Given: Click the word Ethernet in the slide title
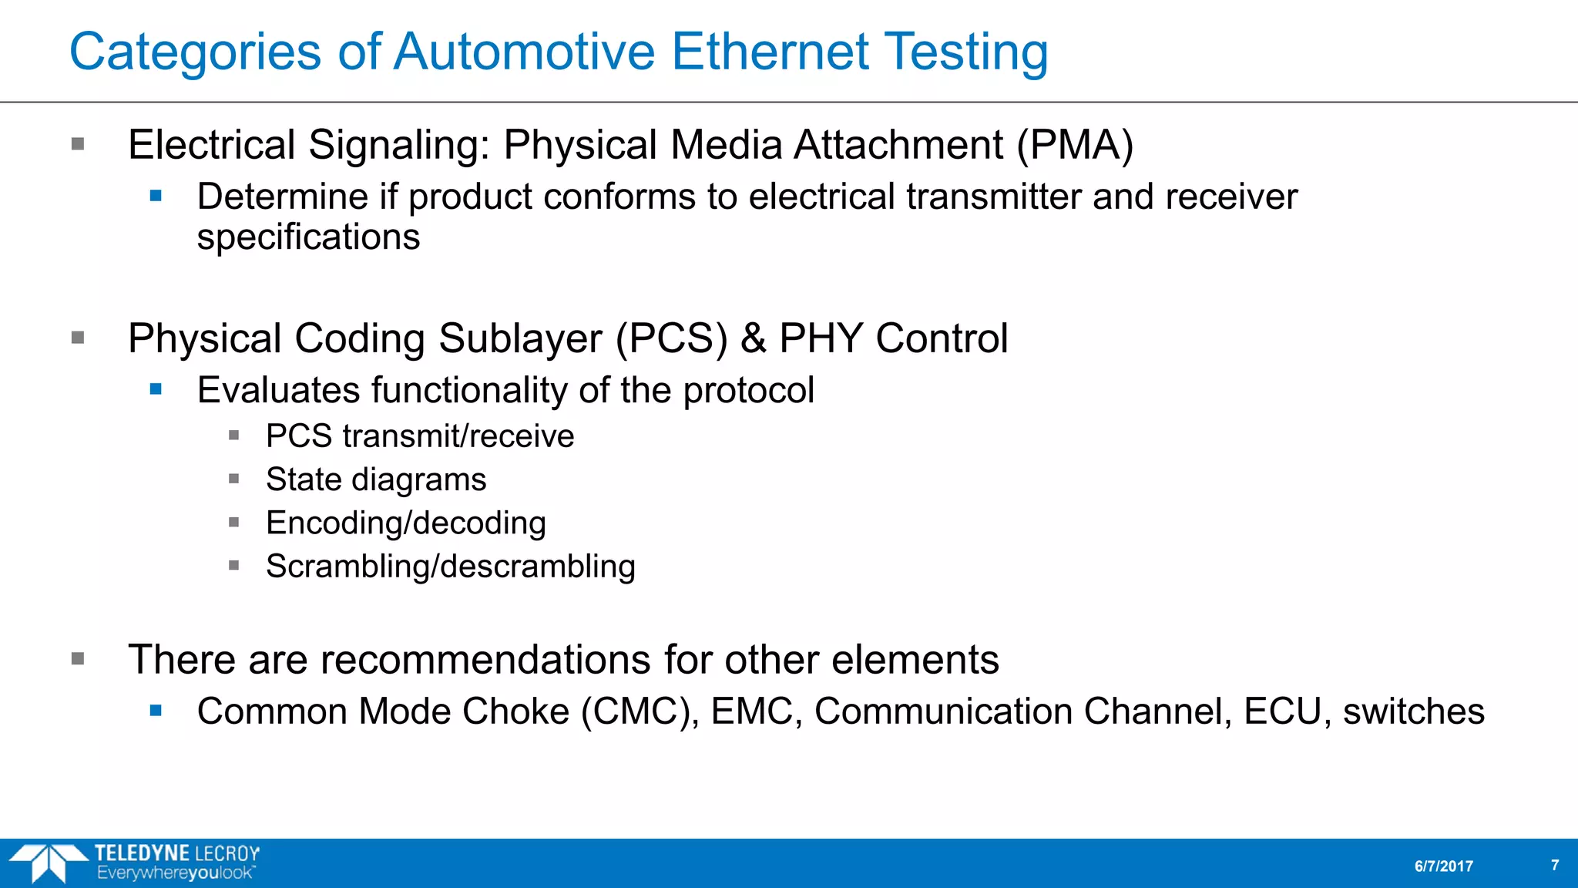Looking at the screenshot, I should click(x=770, y=52).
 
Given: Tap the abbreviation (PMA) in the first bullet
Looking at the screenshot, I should click(x=1075, y=145).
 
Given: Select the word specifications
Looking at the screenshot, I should click(x=308, y=237).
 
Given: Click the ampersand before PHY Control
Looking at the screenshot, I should click(x=753, y=338).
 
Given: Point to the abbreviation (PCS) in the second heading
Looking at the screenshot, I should click(x=671, y=338).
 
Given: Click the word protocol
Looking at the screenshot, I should click(x=748, y=390).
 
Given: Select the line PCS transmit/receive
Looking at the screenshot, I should click(x=420, y=436).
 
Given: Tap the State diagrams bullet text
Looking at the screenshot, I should click(x=376, y=479).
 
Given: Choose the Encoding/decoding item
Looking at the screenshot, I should click(x=406, y=523).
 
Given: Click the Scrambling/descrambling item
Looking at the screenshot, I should click(x=451, y=567).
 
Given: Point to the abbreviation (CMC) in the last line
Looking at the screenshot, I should click(x=640, y=711).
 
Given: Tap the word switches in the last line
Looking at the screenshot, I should click(x=1413, y=711).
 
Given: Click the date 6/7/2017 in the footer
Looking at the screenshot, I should click(x=1443, y=866).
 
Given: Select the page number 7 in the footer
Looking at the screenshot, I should click(x=1555, y=866).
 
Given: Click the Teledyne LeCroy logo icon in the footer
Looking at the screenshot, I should click(x=48, y=863).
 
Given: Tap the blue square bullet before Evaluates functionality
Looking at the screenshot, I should click(x=156, y=389).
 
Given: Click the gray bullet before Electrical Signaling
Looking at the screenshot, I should click(x=78, y=144).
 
